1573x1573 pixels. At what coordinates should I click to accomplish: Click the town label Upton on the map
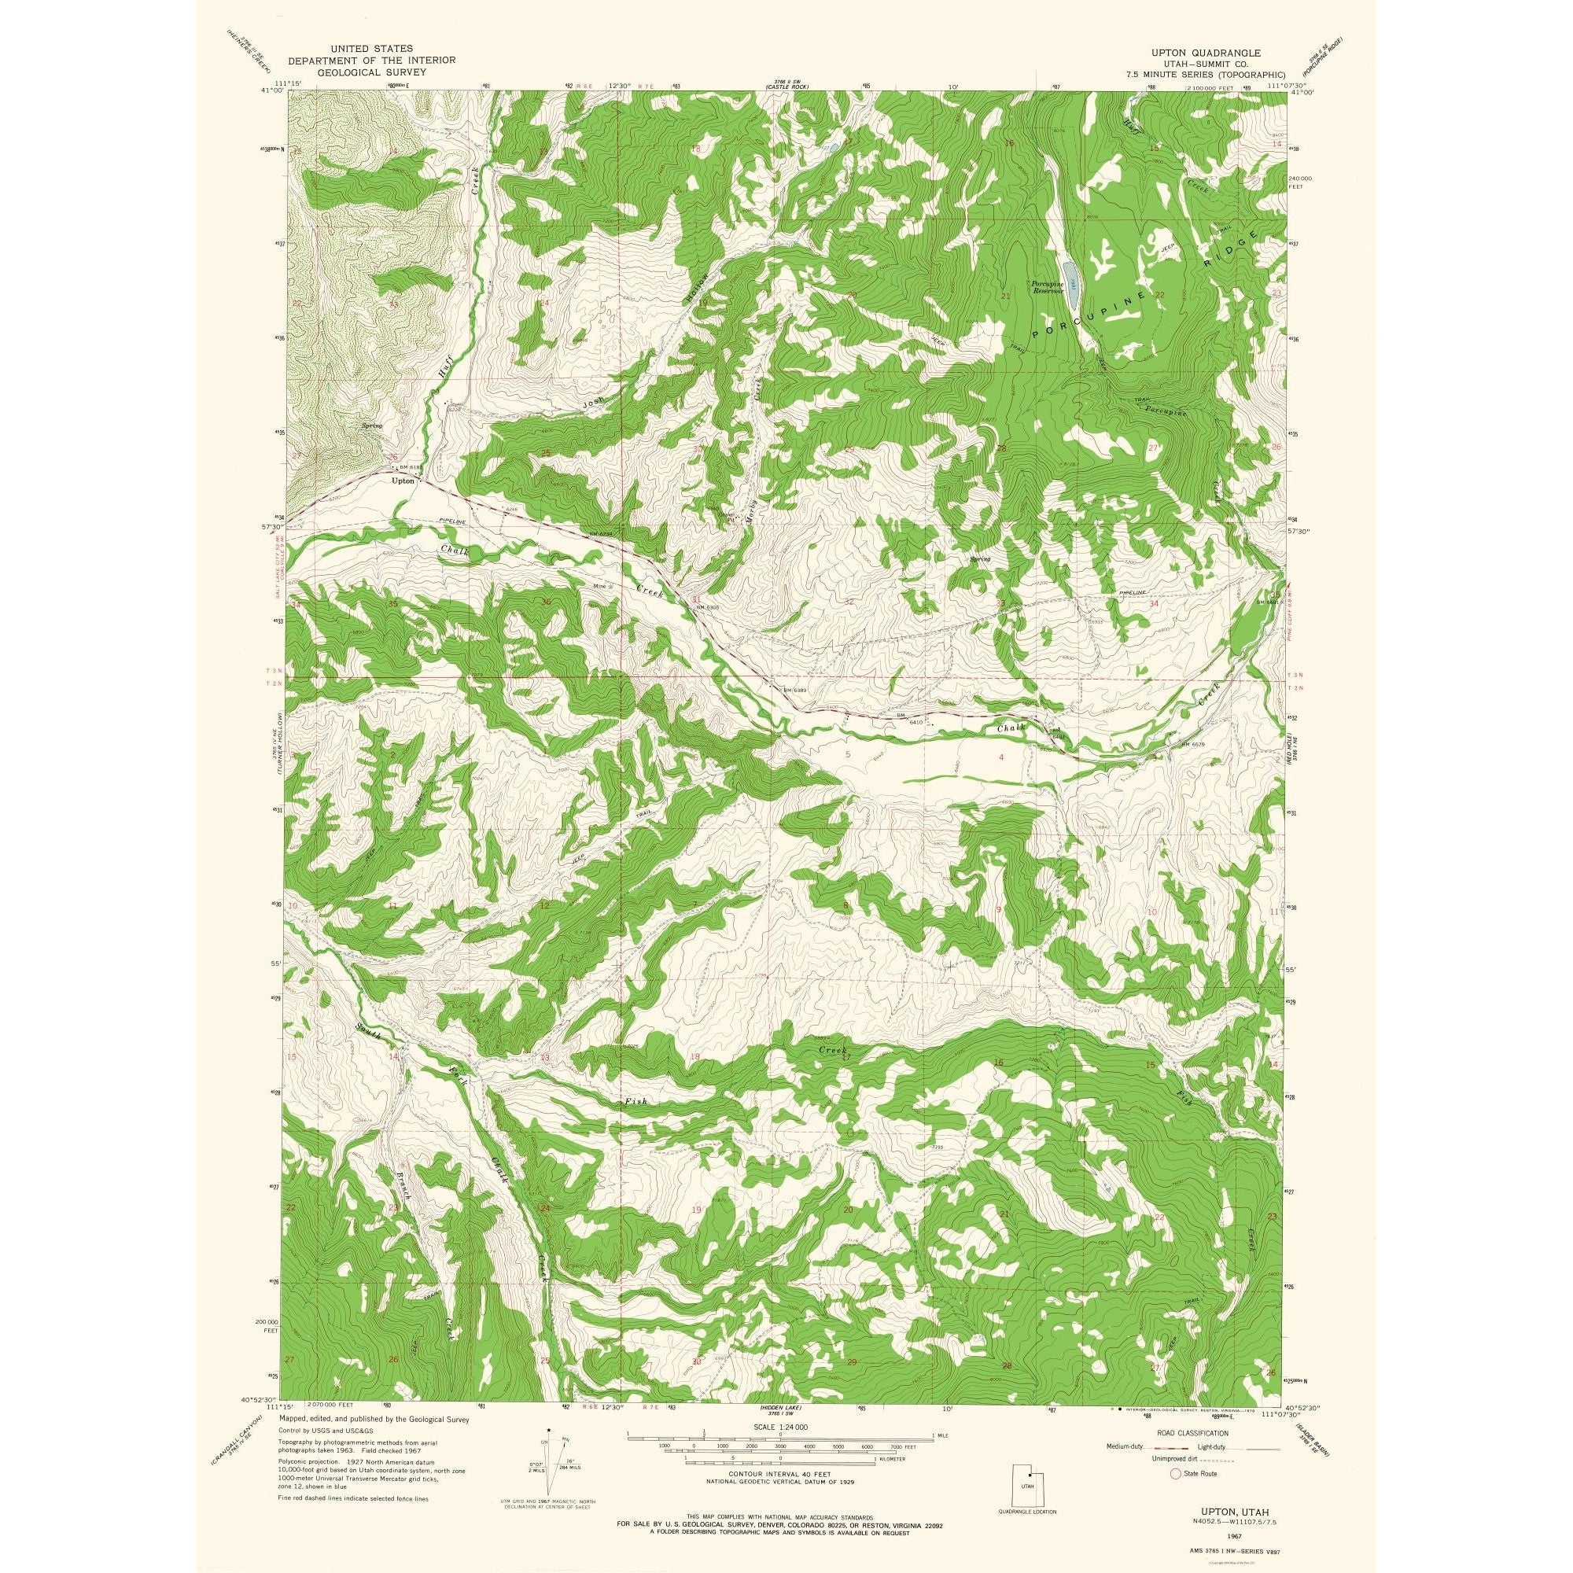click(403, 481)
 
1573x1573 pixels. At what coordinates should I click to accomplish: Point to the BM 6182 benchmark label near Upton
click(410, 467)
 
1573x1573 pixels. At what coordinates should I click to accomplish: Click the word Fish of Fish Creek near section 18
click(635, 1102)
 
